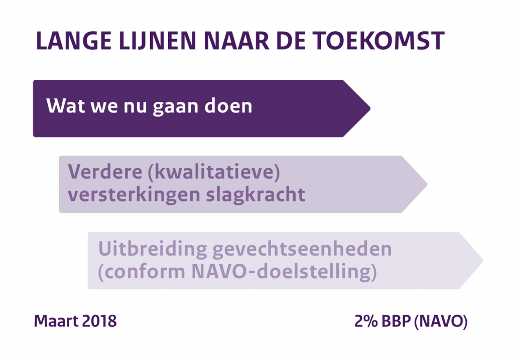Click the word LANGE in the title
74,41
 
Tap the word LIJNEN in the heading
157,41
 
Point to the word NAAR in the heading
236,41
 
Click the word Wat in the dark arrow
66,105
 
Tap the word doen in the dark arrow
228,105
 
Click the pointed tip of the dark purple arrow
370,108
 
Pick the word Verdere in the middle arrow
105,172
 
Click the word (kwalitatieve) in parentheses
214,172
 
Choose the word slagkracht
255,195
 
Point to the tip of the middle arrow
427,184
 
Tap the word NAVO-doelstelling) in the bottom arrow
284,272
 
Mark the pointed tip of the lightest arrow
483,261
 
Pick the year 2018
99,321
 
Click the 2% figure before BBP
366,321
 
